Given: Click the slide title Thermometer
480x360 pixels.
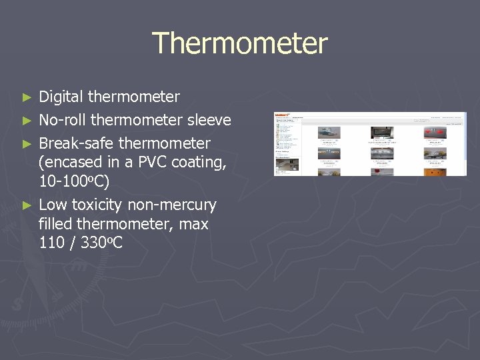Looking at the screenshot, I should coord(240,43).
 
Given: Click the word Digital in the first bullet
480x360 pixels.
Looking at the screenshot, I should coord(61,97).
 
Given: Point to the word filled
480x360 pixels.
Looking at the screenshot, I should coord(57,224).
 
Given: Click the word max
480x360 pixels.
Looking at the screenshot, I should coord(194,224).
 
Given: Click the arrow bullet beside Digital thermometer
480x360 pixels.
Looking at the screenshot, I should coord(27,97).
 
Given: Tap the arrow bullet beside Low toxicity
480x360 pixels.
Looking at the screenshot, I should coord(27,205).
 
